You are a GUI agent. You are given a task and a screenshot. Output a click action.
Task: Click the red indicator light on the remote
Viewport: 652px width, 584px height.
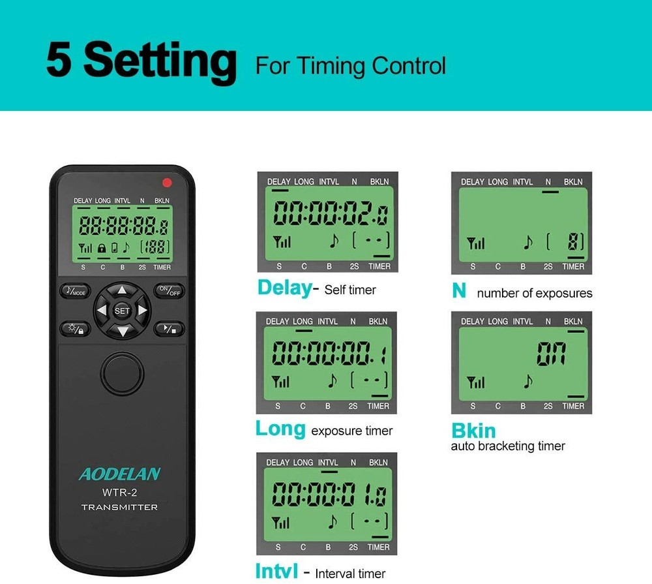(167, 183)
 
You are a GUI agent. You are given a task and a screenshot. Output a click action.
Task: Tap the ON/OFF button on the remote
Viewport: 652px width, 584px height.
(170, 291)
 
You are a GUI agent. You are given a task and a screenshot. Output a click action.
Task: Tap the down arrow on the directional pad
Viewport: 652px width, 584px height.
(122, 331)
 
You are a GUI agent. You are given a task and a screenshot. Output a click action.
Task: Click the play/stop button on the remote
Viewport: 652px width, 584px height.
(170, 329)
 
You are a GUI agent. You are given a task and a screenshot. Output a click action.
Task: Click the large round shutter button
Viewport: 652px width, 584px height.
(122, 371)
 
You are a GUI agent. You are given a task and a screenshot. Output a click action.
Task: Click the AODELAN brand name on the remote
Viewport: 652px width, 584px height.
(119, 474)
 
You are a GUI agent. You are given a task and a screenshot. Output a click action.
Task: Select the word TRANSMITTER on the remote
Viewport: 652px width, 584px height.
(119, 507)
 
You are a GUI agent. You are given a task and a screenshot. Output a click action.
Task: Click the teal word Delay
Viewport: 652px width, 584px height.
(284, 288)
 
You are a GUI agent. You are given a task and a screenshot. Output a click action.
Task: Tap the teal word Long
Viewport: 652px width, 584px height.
(280, 429)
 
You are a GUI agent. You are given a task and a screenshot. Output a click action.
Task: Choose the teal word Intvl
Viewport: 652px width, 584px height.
(277, 571)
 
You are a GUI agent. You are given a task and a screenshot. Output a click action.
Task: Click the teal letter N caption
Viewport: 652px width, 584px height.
(459, 291)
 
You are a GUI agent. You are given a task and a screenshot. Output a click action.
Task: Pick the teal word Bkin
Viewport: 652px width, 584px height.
(473, 431)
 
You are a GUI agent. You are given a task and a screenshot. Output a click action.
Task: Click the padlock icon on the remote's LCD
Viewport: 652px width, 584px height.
(101, 248)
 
